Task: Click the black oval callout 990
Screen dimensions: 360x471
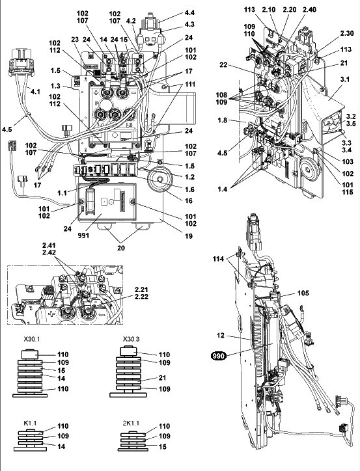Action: (219, 356)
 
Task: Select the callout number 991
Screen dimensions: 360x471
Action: (83, 235)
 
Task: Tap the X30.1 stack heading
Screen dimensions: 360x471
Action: (31, 339)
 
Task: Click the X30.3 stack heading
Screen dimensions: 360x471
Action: (131, 339)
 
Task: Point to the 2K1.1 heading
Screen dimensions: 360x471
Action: (131, 423)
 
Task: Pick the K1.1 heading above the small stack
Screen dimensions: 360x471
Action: (30, 423)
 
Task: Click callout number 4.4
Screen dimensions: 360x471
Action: (189, 12)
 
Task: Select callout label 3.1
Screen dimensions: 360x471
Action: (344, 79)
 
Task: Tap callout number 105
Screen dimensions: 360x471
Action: (303, 293)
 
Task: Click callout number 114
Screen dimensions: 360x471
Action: (219, 259)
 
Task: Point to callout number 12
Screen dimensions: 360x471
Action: (221, 335)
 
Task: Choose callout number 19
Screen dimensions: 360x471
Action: (188, 236)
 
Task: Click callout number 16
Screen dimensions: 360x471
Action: (189, 200)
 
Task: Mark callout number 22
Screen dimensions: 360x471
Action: (223, 65)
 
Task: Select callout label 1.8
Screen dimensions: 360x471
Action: (223, 120)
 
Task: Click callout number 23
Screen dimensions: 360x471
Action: (75, 39)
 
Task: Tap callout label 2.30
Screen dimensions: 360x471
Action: (347, 33)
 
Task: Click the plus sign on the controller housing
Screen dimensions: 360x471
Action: (96, 93)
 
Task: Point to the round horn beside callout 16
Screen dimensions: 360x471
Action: (159, 180)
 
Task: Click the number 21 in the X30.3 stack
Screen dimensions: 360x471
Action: (163, 377)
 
